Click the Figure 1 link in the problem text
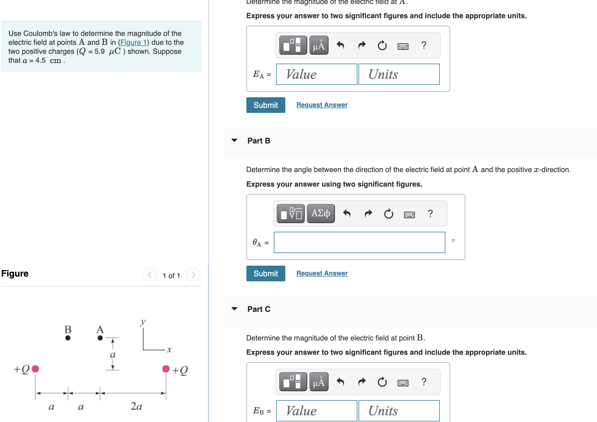(x=133, y=42)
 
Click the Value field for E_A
(x=316, y=74)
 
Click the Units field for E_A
(x=399, y=74)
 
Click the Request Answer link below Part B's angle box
(x=322, y=273)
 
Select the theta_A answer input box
(x=359, y=242)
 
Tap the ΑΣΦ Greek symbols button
(x=321, y=214)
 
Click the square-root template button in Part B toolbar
(x=291, y=214)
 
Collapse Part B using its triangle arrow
(x=234, y=140)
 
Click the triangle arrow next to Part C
(x=234, y=309)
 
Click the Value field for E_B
(x=316, y=411)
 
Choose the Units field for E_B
(x=399, y=411)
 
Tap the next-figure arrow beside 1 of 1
(x=193, y=275)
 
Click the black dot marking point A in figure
(x=100, y=338)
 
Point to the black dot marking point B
(x=68, y=338)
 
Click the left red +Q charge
(x=35, y=369)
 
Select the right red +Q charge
(x=166, y=369)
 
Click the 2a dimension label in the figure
(x=136, y=406)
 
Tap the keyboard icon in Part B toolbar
(x=409, y=215)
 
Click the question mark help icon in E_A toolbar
(x=424, y=45)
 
